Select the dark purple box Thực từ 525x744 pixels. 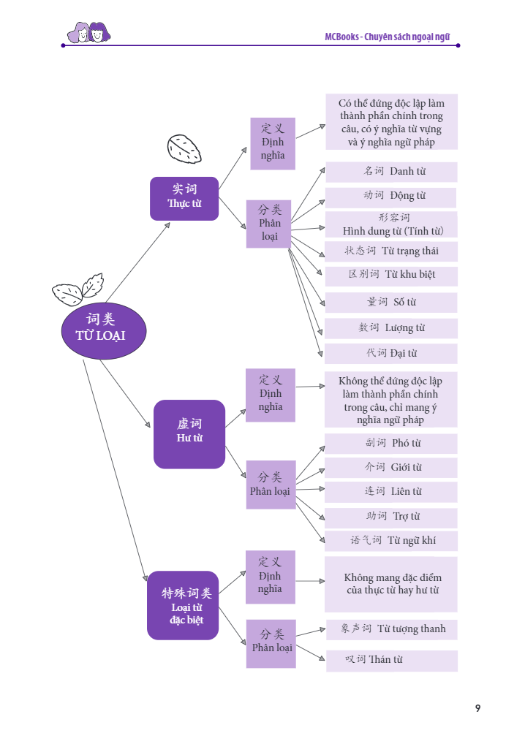[184, 198]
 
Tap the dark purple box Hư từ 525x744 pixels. [189, 433]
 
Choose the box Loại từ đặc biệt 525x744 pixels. [183, 605]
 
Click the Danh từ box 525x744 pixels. [391, 172]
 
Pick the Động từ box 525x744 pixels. [391, 197]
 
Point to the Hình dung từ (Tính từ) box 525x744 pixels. [391, 224]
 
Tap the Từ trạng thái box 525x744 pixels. [391, 251]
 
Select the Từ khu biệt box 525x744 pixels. [391, 276]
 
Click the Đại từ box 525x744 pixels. [391, 354]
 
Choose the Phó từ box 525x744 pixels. [391, 444]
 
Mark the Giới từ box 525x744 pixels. [391, 468]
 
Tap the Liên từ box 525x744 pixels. [391, 492]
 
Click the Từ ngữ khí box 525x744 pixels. [391, 541]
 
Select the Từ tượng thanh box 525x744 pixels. [391, 629]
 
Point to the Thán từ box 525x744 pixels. [391, 660]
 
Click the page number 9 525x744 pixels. [477, 708]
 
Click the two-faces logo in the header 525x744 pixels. [88, 32]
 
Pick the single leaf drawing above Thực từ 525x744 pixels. [184, 148]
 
